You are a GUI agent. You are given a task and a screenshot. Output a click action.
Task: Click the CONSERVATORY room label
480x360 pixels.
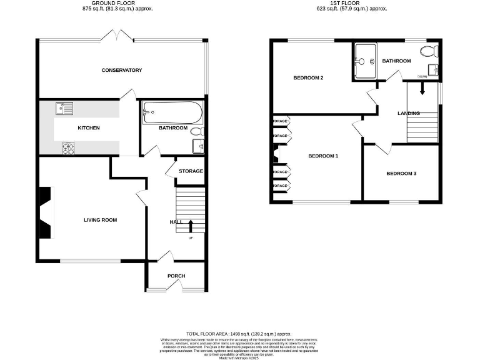click(x=122, y=70)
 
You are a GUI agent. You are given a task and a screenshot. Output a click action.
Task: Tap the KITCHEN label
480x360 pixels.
click(x=88, y=128)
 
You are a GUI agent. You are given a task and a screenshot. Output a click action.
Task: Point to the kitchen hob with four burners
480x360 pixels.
click(x=67, y=148)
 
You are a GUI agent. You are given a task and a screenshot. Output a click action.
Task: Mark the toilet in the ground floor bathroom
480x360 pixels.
click(x=197, y=132)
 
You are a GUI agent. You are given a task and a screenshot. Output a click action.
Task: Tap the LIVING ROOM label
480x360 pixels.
click(x=101, y=220)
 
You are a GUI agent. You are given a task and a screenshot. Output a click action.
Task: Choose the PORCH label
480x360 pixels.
click(x=176, y=276)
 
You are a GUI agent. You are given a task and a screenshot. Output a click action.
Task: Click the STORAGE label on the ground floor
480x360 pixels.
click(x=191, y=171)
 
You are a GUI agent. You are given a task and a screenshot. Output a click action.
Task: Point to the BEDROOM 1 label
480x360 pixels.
click(x=322, y=156)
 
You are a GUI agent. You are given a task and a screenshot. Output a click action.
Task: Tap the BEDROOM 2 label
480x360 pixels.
click(x=308, y=78)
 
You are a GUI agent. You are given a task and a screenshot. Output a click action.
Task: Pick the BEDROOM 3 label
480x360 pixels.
click(x=401, y=173)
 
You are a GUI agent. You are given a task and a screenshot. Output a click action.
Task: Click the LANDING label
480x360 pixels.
click(x=409, y=113)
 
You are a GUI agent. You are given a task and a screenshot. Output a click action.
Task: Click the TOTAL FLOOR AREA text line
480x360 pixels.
click(x=239, y=334)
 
